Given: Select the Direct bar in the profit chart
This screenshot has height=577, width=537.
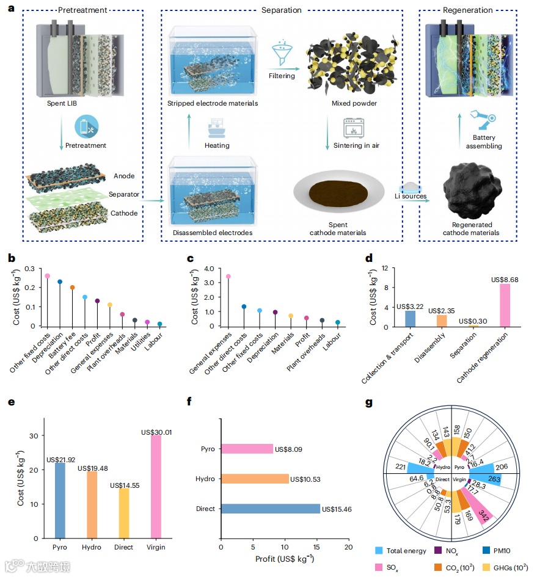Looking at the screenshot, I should click(x=270, y=508).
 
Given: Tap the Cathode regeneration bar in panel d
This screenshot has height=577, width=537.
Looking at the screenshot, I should click(x=505, y=305).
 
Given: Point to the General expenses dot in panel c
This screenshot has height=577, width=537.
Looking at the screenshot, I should click(x=228, y=276).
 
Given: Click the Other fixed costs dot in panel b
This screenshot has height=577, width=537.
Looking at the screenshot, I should click(x=48, y=275).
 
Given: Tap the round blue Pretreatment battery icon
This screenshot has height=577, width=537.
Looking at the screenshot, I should click(x=86, y=128).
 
